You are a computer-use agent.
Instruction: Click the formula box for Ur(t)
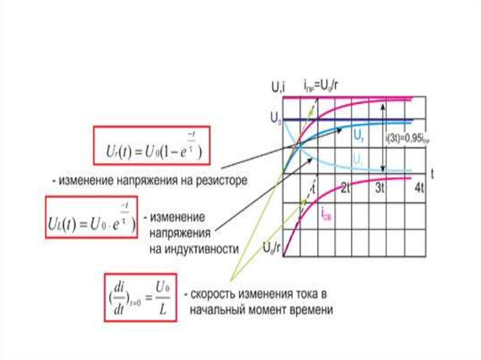pyautogui.click(x=151, y=145)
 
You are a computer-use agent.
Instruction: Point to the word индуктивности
pyautogui.click(x=194, y=249)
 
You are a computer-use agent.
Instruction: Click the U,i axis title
pyautogui.click(x=278, y=86)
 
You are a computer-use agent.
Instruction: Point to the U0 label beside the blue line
pyautogui.click(x=275, y=118)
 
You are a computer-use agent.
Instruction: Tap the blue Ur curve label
pyautogui.click(x=358, y=137)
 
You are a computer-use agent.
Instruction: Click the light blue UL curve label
pyautogui.click(x=358, y=160)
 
